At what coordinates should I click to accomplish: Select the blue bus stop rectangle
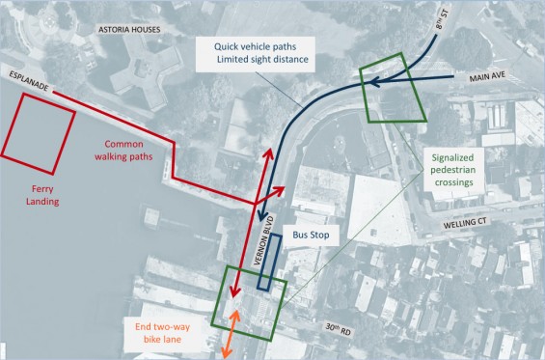270,262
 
